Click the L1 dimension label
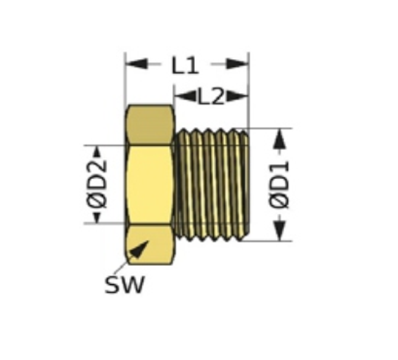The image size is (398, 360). [x=185, y=66]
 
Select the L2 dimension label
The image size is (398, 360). [x=211, y=97]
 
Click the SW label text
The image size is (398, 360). [x=124, y=284]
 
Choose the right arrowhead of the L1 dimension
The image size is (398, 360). [x=236, y=64]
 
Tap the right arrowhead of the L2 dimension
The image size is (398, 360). [x=236, y=96]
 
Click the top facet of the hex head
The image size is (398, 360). [x=150, y=125]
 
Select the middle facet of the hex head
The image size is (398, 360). [x=150, y=185]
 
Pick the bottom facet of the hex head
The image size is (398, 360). [x=150, y=245]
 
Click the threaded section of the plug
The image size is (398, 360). [x=212, y=185]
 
